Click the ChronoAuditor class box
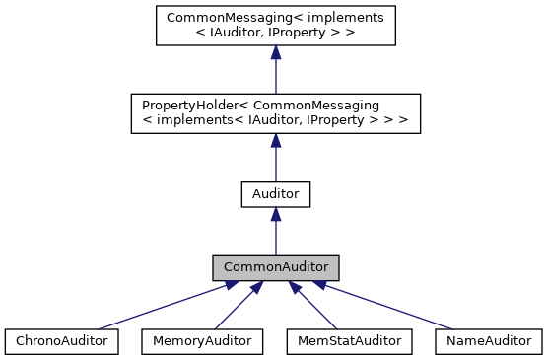61,341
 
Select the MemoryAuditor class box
202,341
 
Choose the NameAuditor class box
488,341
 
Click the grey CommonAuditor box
276,267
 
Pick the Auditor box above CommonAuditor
276,193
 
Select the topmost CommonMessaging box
276,27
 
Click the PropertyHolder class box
276,113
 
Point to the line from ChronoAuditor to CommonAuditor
158,307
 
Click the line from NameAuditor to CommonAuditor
394,307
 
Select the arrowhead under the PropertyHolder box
276,140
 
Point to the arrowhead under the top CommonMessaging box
276,53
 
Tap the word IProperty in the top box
335,36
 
